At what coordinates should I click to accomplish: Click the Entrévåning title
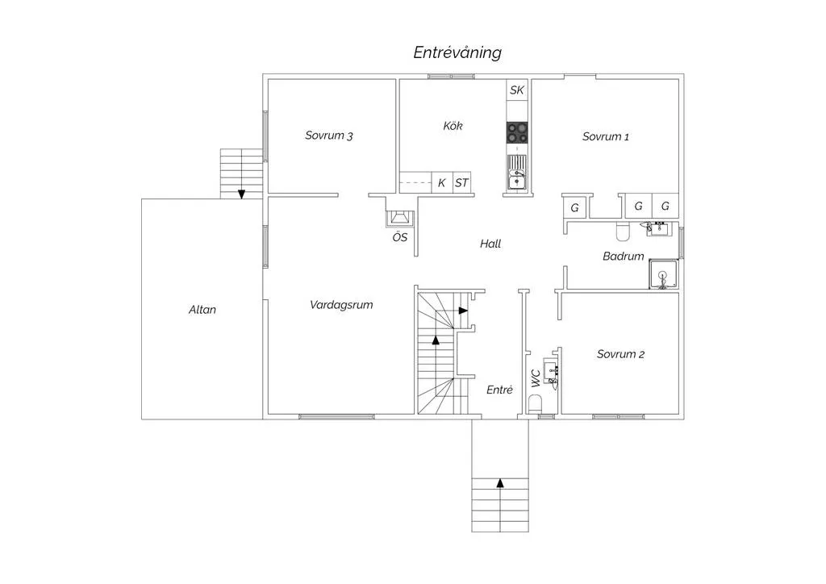[x=457, y=52]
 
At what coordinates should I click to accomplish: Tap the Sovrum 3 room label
[x=329, y=136]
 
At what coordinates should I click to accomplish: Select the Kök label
[x=453, y=125]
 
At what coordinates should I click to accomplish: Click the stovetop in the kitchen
[x=517, y=132]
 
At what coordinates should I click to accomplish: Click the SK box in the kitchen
[x=517, y=90]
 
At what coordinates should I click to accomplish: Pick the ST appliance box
[x=461, y=183]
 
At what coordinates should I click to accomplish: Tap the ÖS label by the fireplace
[x=400, y=237]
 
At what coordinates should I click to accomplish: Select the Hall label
[x=490, y=244]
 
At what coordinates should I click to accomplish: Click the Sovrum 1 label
[x=605, y=136]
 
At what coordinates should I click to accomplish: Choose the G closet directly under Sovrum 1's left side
[x=574, y=207]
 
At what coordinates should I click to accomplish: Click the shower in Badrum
[x=663, y=273]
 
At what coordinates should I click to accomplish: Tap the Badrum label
[x=624, y=257]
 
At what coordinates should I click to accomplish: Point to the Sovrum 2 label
[x=620, y=354]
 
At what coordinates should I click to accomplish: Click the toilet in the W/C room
[x=535, y=404]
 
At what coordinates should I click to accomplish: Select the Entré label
[x=499, y=390]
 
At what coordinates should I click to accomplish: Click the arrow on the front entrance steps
[x=500, y=483]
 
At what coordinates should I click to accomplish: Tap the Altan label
[x=202, y=310]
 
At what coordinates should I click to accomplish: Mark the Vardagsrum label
[x=341, y=305]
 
